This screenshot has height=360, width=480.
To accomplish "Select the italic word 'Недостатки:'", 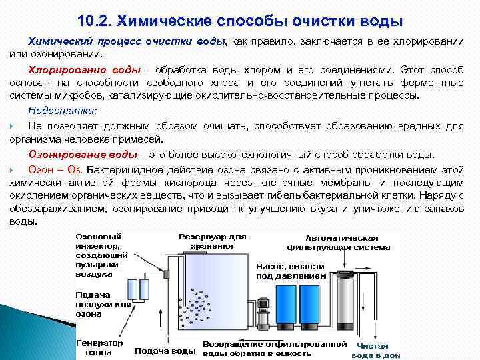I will tap(62, 110).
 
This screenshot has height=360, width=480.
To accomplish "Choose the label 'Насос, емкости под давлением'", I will tap(291, 270).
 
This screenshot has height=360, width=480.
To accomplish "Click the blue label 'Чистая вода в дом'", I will tap(377, 351).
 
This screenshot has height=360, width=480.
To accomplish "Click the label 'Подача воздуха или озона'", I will tap(103, 303).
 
